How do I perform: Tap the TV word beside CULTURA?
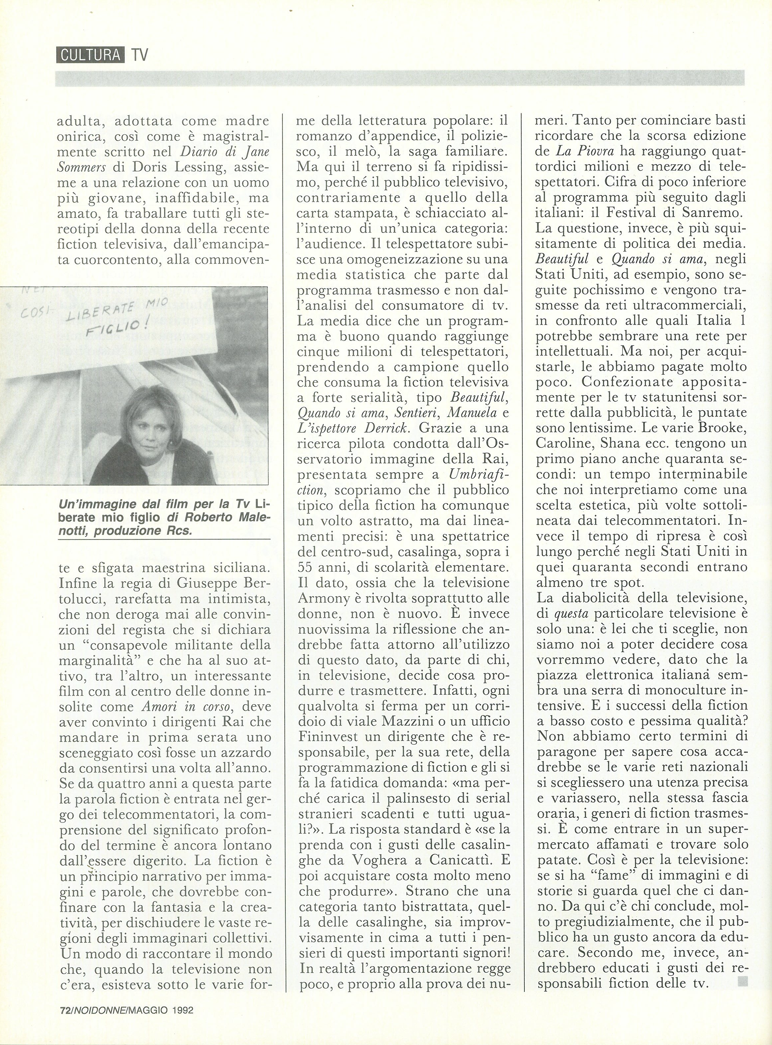[139, 56]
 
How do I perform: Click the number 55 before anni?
[307, 567]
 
